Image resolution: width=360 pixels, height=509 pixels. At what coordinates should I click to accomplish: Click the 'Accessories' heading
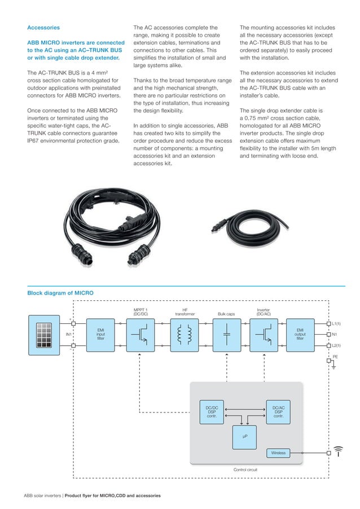(43, 27)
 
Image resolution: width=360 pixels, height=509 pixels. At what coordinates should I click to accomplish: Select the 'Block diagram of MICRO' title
(60, 293)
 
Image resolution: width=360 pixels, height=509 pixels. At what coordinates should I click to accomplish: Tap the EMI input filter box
(100, 334)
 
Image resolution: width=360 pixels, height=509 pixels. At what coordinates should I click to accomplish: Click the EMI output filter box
(300, 334)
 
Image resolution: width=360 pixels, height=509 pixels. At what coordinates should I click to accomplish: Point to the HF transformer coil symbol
(185, 334)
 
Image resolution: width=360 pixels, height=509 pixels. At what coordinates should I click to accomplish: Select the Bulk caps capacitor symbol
(226, 334)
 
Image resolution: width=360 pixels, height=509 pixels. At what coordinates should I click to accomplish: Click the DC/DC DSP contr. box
(212, 410)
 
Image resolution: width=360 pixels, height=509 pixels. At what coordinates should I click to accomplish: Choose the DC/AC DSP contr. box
(278, 410)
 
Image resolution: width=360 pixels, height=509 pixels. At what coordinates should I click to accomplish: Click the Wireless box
(278, 453)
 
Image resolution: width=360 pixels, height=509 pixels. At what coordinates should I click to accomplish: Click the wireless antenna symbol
(337, 451)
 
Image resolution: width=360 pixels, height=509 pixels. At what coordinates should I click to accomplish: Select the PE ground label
(335, 357)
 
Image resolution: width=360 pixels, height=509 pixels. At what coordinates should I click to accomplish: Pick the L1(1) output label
(337, 324)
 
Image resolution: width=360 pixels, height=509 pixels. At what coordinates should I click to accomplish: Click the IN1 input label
(69, 335)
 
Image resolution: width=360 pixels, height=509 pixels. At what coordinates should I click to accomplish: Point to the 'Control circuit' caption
(245, 469)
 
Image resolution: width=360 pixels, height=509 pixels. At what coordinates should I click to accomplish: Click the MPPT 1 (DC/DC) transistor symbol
(141, 334)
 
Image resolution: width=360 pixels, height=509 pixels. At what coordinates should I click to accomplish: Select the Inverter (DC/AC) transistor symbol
(264, 334)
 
